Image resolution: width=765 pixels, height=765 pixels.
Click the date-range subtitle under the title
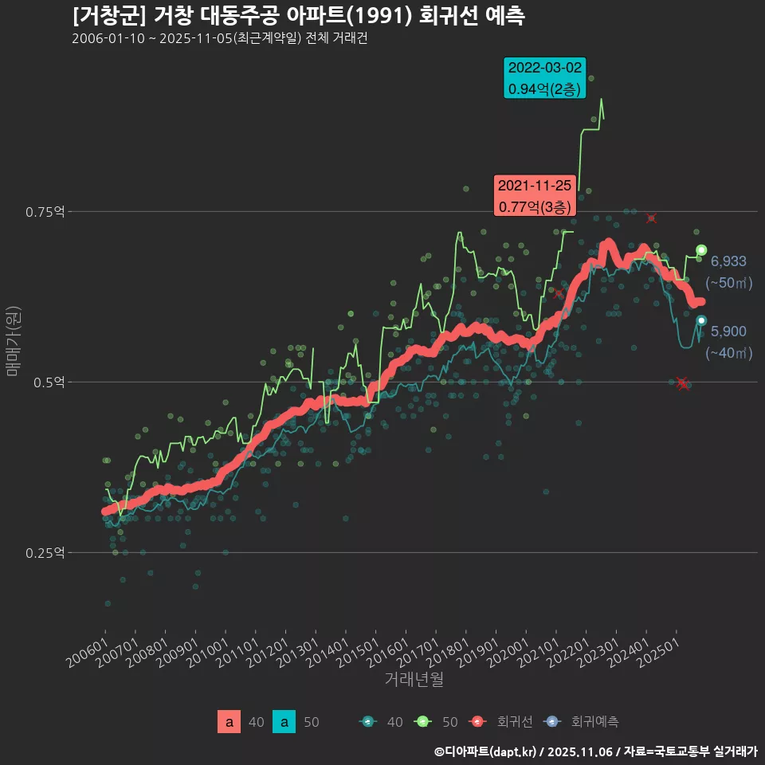click(x=219, y=39)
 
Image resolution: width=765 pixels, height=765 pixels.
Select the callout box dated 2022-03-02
click(x=545, y=78)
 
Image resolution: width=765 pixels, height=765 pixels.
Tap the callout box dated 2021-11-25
click(x=534, y=196)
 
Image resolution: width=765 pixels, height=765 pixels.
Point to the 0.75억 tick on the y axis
click(x=46, y=212)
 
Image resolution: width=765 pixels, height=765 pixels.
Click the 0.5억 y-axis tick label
click(x=49, y=382)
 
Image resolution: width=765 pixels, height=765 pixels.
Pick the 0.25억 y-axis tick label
click(x=46, y=553)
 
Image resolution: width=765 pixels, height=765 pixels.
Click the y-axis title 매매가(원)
click(x=13, y=339)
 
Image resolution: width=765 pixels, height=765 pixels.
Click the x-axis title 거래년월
click(x=414, y=680)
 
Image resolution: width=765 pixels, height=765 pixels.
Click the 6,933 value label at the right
click(x=728, y=261)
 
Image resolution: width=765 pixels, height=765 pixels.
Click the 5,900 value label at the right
click(x=728, y=331)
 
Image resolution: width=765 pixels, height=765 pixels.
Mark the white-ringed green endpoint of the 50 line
click(x=701, y=250)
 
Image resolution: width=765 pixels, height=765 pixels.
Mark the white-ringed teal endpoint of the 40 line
click(x=701, y=320)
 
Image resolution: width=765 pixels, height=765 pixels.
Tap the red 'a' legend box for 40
click(x=229, y=722)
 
